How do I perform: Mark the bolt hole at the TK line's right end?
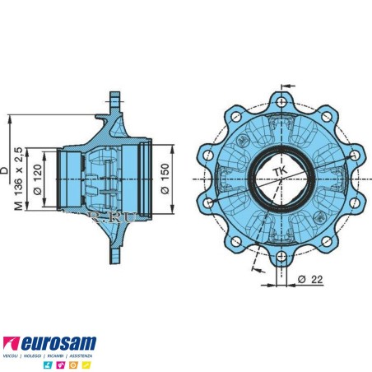coord(355,154)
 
